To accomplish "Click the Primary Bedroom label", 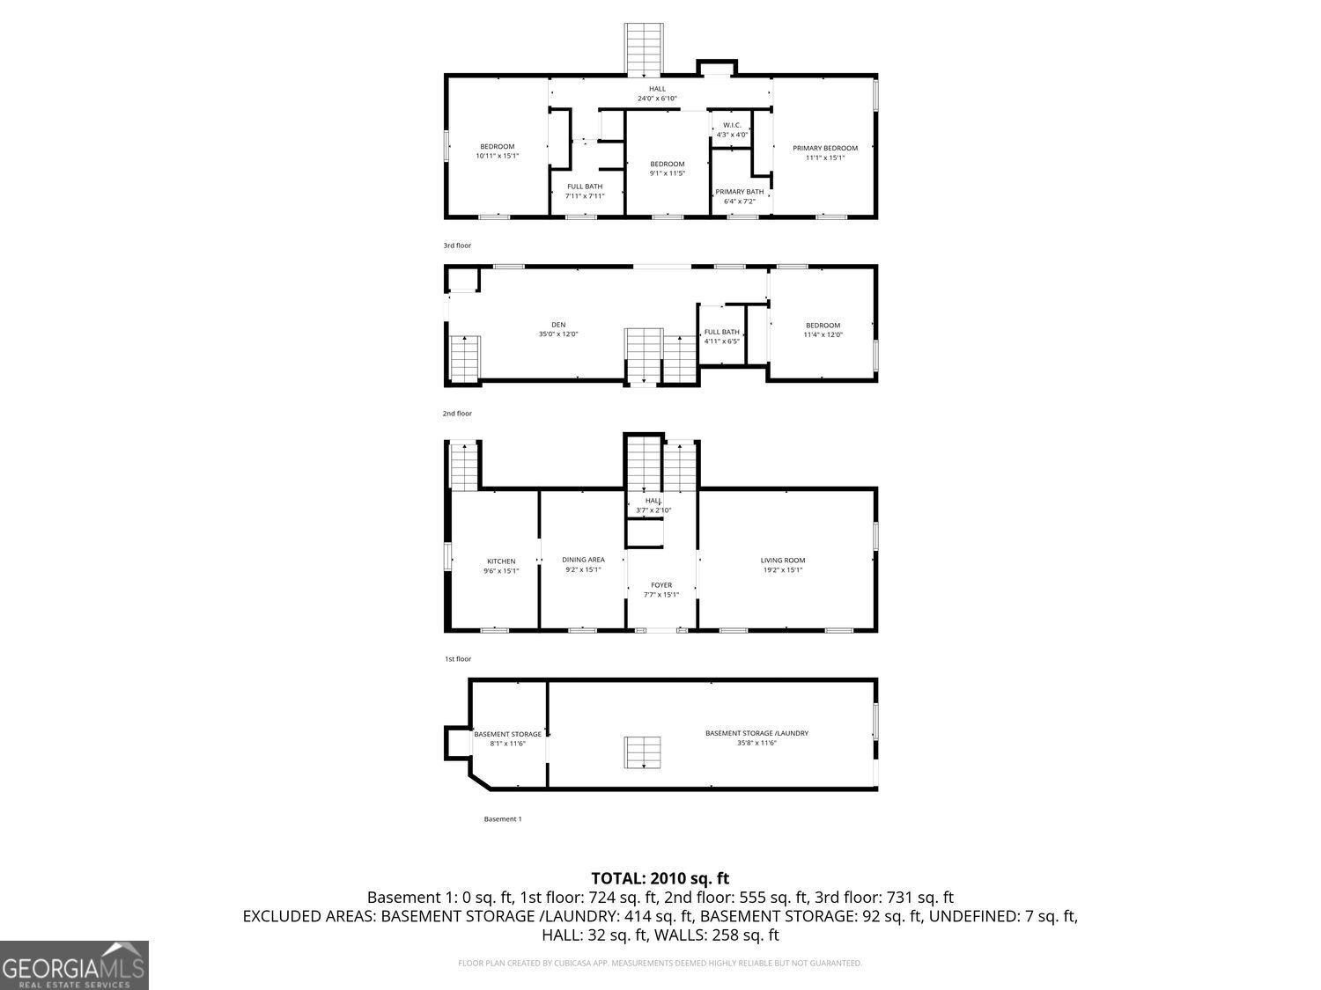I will pyautogui.click(x=824, y=148).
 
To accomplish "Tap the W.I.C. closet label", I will pyautogui.click(x=732, y=125).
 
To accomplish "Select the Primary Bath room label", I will pyautogui.click(x=739, y=192).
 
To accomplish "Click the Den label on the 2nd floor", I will pyautogui.click(x=558, y=325).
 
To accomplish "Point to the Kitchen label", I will pyautogui.click(x=501, y=561).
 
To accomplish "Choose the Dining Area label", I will pyautogui.click(x=583, y=560).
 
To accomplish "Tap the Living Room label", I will pyautogui.click(x=783, y=561).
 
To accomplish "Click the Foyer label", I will pyautogui.click(x=661, y=585).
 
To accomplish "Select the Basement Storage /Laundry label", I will pyautogui.click(x=756, y=733).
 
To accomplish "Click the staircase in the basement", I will pyautogui.click(x=643, y=753).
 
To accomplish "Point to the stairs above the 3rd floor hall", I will pyautogui.click(x=644, y=50).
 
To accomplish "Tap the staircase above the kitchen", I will pyautogui.click(x=463, y=466).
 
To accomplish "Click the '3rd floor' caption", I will pyautogui.click(x=457, y=246).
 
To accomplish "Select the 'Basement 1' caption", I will pyautogui.click(x=503, y=819).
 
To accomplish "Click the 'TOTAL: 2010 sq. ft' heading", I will pyautogui.click(x=660, y=878).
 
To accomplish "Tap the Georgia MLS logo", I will pyautogui.click(x=74, y=965).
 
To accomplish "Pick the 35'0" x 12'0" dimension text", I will pyautogui.click(x=558, y=334).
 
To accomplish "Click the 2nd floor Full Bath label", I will pyautogui.click(x=721, y=332).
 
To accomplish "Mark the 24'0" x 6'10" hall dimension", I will pyautogui.click(x=657, y=99).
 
